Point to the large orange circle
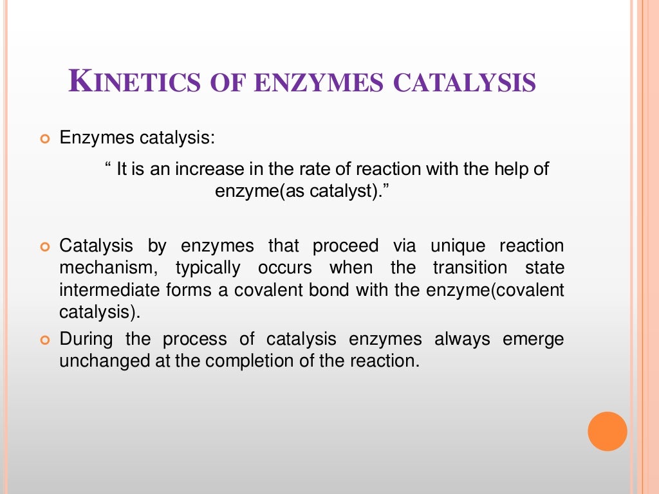[607, 431]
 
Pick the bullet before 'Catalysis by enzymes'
[45, 247]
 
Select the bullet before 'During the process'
[45, 340]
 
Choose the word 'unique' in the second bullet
[459, 246]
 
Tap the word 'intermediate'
[105, 290]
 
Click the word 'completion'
[246, 361]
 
